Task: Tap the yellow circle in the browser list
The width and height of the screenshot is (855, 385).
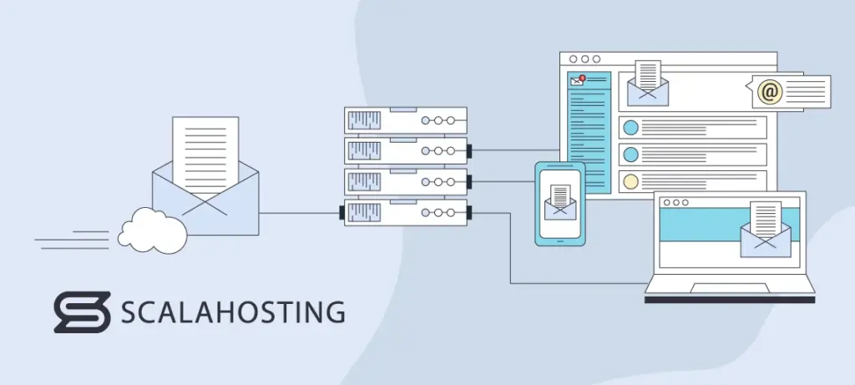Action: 631,181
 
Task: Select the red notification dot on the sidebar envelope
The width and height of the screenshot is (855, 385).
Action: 582,79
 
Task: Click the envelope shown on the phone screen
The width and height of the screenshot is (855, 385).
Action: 560,203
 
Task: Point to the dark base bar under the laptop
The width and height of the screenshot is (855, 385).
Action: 729,298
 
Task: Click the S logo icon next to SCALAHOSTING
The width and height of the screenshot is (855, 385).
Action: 82,312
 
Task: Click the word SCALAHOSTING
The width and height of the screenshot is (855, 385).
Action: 233,312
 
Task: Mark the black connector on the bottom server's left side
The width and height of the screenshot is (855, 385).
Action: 342,212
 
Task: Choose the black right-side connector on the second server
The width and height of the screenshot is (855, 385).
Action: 470,151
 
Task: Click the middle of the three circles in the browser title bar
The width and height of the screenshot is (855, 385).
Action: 584,59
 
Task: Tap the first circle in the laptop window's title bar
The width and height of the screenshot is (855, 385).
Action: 663,202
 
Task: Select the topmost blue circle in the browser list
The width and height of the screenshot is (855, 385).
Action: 631,128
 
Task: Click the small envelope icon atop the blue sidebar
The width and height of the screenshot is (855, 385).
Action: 576,81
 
